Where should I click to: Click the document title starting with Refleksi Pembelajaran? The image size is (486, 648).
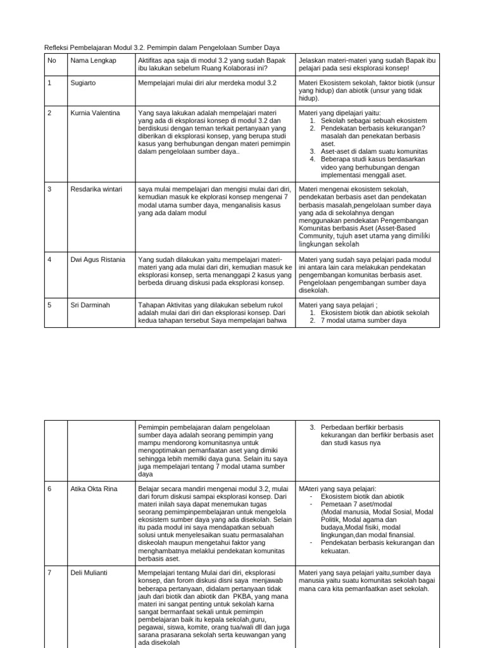pos(161,47)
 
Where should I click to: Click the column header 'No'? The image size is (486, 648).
pos(51,60)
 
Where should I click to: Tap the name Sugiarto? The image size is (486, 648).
pos(84,83)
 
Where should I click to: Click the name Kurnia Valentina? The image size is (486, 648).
pos(95,113)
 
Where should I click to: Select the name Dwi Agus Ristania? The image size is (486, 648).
pos(97,259)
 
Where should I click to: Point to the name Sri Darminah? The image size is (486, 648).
pos(90,305)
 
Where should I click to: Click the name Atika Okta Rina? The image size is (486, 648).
pos(94,489)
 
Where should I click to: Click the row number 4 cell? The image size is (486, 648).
pos(50,259)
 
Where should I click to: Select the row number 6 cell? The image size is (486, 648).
pos(50,489)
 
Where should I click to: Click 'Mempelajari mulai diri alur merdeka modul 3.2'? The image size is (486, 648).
pos(208,83)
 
